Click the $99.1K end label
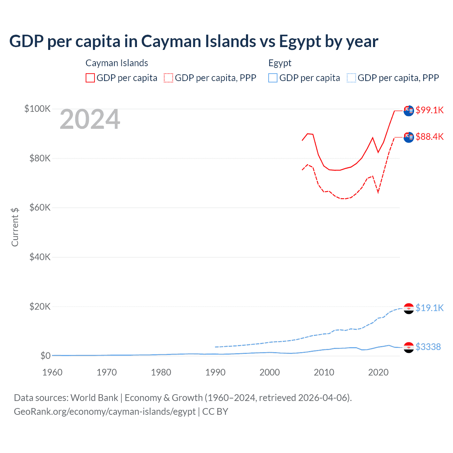pyautogui.click(x=429, y=110)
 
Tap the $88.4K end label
pyautogui.click(x=429, y=137)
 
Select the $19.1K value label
pyautogui.click(x=429, y=308)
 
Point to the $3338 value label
pyautogui.click(x=428, y=347)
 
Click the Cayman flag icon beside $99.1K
pyautogui.click(x=409, y=110)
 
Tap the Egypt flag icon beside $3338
pyautogui.click(x=409, y=347)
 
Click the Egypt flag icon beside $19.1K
pyautogui.click(x=409, y=308)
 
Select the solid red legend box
pyautogui.click(x=90, y=78)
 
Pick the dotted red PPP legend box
pyautogui.click(x=168, y=78)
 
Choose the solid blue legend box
pyautogui.click(x=273, y=78)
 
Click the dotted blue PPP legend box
pyautogui.click(x=351, y=78)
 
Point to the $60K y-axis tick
pyautogui.click(x=40, y=207)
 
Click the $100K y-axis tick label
pyautogui.click(x=38, y=109)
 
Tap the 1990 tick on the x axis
pyautogui.click(x=215, y=372)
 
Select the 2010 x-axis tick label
pyautogui.click(x=324, y=372)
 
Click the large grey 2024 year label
pyautogui.click(x=90, y=120)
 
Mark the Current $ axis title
pyautogui.click(x=15, y=227)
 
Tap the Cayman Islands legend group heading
pyautogui.click(x=117, y=63)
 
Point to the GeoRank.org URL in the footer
pyautogui.click(x=105, y=412)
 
